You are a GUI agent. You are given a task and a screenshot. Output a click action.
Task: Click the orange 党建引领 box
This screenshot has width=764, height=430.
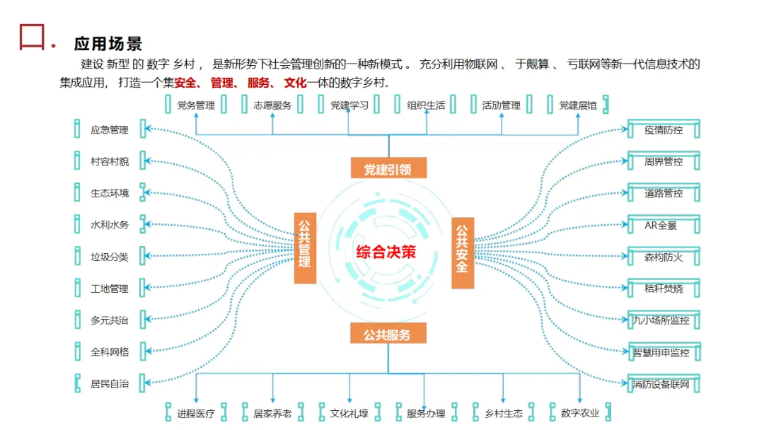click(388, 169)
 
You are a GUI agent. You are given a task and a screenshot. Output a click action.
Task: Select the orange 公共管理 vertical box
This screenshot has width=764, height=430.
click(305, 248)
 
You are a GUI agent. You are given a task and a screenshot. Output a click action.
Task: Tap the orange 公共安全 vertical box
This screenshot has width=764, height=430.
click(462, 252)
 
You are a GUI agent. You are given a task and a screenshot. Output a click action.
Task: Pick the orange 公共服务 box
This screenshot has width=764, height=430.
click(388, 335)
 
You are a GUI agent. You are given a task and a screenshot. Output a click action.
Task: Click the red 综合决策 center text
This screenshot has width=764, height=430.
click(386, 252)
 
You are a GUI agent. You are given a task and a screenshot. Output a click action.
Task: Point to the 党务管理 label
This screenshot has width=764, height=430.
click(196, 105)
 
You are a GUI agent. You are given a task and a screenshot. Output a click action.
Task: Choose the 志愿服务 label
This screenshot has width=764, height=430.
click(272, 105)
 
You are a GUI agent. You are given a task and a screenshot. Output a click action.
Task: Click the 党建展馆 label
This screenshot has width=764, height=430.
click(578, 105)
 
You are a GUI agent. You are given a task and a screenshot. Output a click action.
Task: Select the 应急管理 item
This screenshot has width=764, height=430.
click(110, 130)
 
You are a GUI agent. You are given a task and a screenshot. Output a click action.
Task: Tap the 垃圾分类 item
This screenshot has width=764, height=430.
click(110, 257)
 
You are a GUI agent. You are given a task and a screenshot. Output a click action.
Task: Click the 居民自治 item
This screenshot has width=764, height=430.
click(110, 384)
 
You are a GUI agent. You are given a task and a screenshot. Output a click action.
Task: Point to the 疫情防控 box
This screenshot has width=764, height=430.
click(664, 130)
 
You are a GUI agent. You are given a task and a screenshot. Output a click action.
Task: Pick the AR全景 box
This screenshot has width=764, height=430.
click(661, 226)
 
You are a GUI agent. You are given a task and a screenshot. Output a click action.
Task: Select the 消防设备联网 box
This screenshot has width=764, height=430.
click(661, 384)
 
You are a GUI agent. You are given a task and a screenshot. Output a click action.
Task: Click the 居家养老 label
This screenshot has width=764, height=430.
click(272, 413)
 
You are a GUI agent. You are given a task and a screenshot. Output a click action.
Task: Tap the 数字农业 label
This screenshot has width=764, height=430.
click(579, 413)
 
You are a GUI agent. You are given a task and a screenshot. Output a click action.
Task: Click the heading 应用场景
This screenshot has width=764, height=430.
click(108, 44)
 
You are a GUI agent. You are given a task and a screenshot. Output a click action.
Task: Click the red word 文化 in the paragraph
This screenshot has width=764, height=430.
click(295, 83)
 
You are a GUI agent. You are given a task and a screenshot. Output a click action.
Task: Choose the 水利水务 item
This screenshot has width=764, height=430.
click(110, 225)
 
